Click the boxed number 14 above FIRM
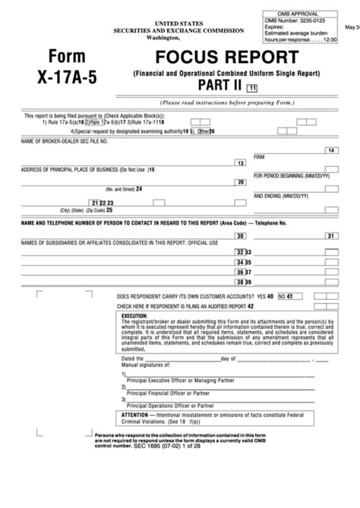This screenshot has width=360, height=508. coord(330,151)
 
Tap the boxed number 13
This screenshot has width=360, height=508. coord(240,163)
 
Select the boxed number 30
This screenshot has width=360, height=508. coord(241,236)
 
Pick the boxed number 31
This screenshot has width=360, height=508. coord(331,236)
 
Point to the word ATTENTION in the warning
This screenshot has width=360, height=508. coord(137,416)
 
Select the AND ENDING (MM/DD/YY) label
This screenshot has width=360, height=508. coord(282,195)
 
